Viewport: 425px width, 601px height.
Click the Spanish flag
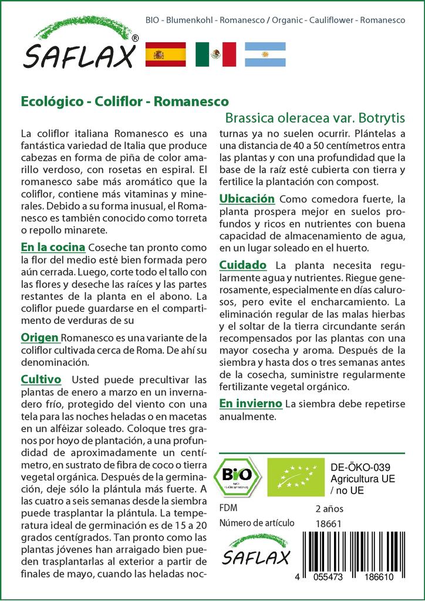[x=165, y=55]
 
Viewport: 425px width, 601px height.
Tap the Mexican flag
[x=215, y=55]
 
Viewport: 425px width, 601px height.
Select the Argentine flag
[x=265, y=55]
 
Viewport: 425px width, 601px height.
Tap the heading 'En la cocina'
[x=53, y=247]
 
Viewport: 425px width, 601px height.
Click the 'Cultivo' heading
[x=41, y=379]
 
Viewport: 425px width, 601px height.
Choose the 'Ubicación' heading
[x=247, y=199]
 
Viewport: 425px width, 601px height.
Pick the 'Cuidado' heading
[x=242, y=265]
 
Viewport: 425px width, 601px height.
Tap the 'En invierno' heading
[x=251, y=404]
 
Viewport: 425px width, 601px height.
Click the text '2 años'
[x=329, y=508]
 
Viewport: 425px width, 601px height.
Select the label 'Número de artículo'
[x=255, y=524]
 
